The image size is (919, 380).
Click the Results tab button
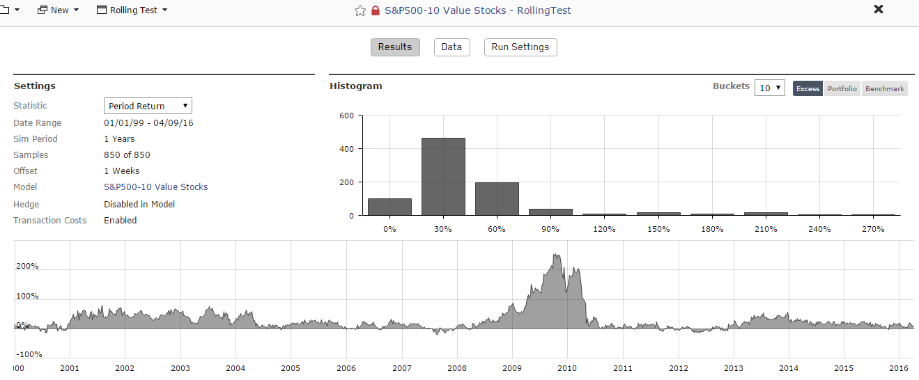[395, 47]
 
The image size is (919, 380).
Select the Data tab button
[451, 47]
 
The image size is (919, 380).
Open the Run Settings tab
[520, 47]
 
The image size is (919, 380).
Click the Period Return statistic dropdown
[148, 106]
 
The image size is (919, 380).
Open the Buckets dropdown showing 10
[770, 88]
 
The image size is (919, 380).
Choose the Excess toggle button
[808, 88]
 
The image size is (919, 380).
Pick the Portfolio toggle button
[842, 88]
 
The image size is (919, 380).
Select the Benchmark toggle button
[885, 88]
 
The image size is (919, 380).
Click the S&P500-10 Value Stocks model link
[155, 187]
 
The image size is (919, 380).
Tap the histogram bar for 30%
[443, 177]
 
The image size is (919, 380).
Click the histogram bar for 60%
[497, 199]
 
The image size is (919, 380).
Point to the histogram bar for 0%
[389, 207]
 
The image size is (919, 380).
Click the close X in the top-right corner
[879, 9]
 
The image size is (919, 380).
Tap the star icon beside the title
[360, 10]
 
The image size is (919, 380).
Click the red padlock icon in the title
[376, 10]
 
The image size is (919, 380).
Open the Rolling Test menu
[139, 10]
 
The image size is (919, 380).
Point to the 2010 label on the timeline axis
[566, 368]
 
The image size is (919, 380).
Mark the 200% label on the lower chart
[28, 266]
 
